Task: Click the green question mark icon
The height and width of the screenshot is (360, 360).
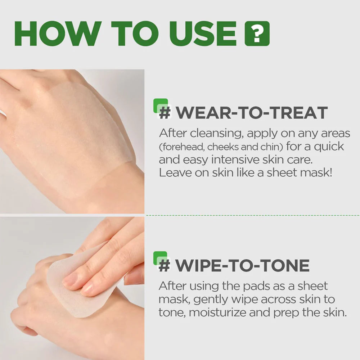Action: click(x=257, y=33)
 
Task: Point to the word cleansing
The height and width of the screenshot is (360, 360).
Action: click(x=212, y=133)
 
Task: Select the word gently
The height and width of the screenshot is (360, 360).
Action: click(x=210, y=300)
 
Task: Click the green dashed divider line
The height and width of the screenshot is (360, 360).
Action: click(x=252, y=215)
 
